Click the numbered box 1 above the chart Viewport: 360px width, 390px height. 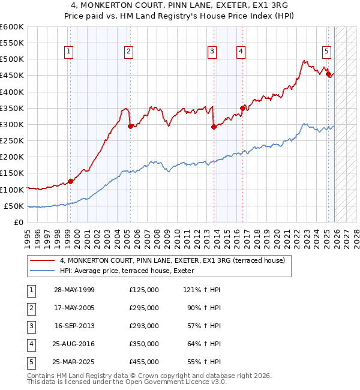pyautogui.click(x=69, y=52)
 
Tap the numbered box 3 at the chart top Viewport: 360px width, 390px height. pyautogui.click(x=212, y=52)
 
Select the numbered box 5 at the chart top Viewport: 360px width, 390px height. pyautogui.click(x=326, y=52)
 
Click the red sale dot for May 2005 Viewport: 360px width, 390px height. pyautogui.click(x=130, y=126)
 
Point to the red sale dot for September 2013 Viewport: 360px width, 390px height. pyautogui.click(x=214, y=127)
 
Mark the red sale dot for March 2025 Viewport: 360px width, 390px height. pyautogui.click(x=328, y=74)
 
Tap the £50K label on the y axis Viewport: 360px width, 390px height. pyautogui.click(x=14, y=206)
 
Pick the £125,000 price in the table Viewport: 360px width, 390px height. pyautogui.click(x=144, y=289)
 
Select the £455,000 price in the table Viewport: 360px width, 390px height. pyautogui.click(x=144, y=362)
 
